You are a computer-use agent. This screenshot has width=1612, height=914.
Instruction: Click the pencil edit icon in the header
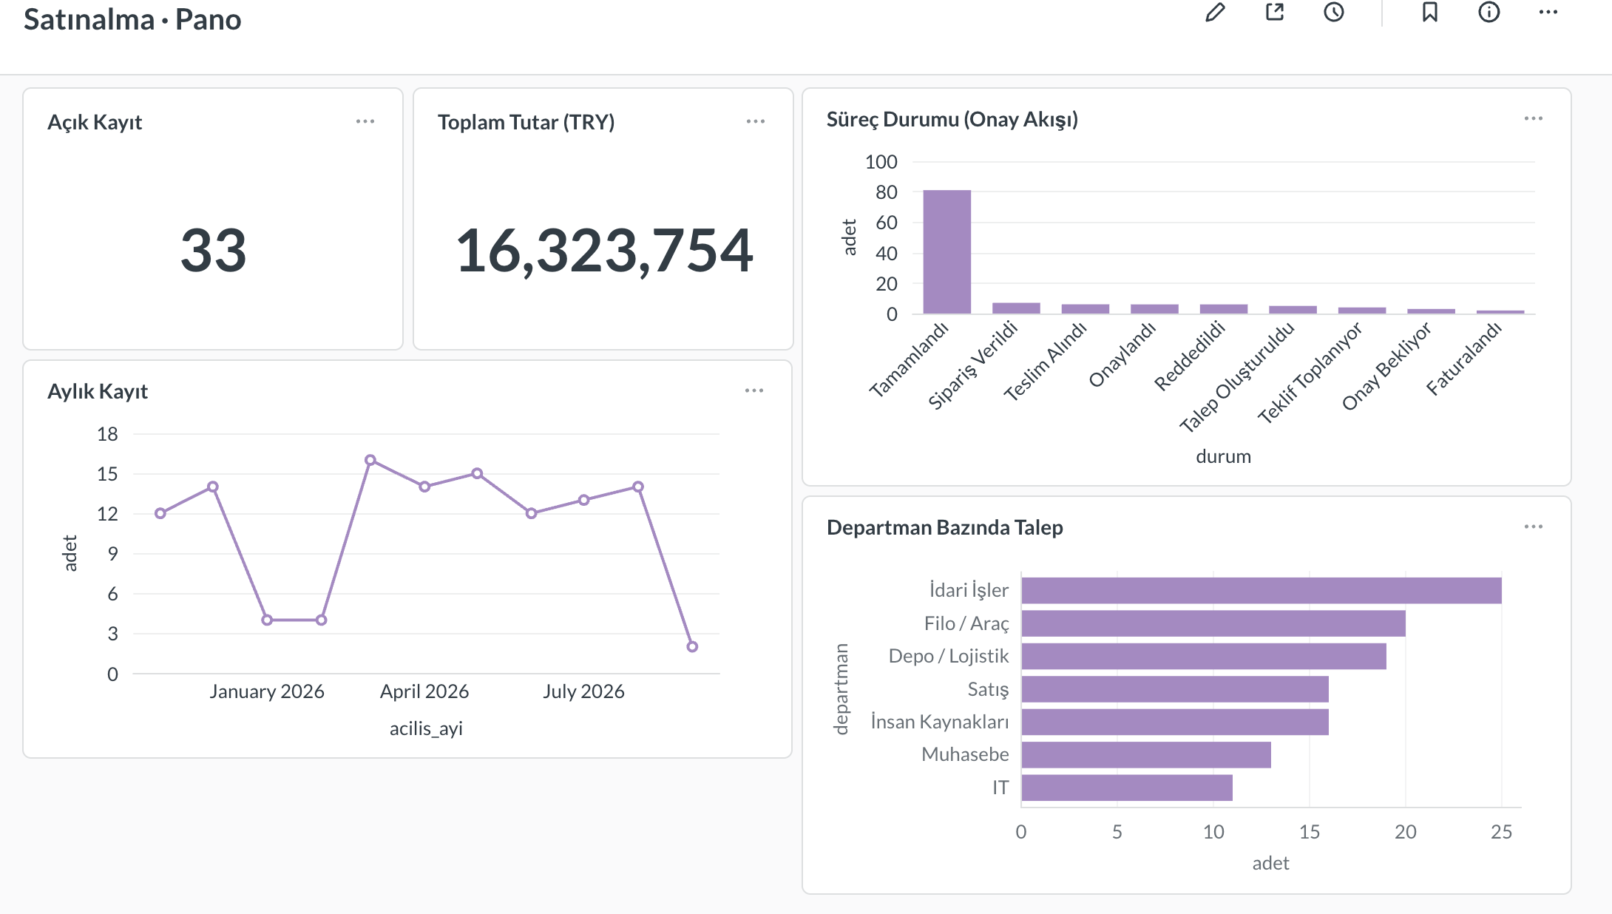tap(1215, 13)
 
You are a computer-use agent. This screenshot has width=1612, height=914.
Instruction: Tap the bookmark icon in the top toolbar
tap(1430, 13)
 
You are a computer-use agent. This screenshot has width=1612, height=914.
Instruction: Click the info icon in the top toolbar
tap(1489, 13)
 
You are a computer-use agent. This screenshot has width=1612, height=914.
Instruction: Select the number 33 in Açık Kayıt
tap(213, 251)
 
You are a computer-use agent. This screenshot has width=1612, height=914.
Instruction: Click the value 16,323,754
tap(604, 251)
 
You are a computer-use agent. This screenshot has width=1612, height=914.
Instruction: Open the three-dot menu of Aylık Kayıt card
tap(754, 390)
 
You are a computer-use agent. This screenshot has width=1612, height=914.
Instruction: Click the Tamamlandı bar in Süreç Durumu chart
tap(946, 252)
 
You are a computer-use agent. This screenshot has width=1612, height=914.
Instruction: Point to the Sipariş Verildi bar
tap(1016, 308)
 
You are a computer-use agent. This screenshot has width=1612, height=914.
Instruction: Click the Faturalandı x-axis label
tap(1463, 359)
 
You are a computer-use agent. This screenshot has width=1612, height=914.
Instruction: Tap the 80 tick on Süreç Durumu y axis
tap(886, 192)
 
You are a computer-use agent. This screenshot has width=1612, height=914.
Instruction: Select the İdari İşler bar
tap(1262, 591)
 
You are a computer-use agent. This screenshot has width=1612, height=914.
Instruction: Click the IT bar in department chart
tap(1127, 788)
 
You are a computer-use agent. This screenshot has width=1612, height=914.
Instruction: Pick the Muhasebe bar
tap(1146, 755)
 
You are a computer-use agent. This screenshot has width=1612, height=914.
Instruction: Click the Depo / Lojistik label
tap(949, 656)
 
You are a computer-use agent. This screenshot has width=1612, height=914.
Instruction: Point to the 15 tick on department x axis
tap(1310, 832)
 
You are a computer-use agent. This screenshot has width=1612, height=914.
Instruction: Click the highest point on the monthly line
tap(370, 460)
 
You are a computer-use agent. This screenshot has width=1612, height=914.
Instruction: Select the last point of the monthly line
tap(692, 647)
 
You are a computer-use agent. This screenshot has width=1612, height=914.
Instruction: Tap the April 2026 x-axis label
tap(424, 691)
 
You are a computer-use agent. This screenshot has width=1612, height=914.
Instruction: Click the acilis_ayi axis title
tap(426, 728)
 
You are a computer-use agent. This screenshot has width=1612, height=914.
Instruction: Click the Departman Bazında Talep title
tap(945, 527)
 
